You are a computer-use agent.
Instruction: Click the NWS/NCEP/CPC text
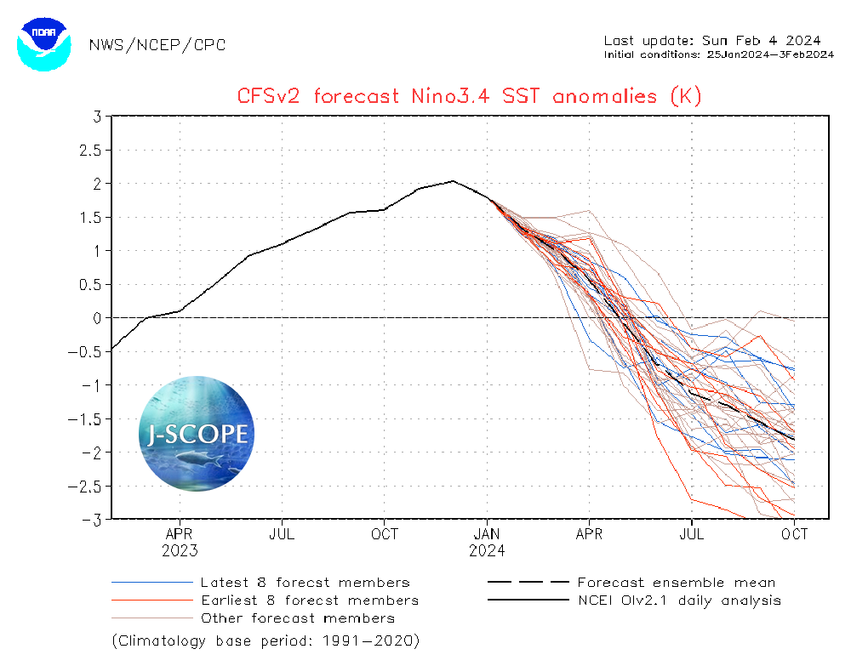tap(157, 44)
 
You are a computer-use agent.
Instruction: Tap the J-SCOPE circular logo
tap(197, 434)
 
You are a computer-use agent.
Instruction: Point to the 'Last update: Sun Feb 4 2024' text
tap(711, 41)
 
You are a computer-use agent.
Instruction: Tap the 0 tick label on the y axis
tap(98, 318)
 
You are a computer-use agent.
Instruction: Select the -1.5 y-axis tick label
tap(89, 419)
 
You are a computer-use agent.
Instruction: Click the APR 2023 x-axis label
tap(180, 542)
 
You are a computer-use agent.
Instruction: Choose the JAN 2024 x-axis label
tap(487, 542)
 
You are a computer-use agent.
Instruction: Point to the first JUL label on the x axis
tap(282, 534)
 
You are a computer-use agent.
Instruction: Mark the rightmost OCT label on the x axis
tap(794, 534)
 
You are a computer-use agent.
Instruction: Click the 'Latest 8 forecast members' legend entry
tap(305, 583)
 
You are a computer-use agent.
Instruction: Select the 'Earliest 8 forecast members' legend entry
tap(310, 601)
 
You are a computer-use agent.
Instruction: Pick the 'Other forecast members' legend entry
tap(298, 618)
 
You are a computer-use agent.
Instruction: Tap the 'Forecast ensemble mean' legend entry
tap(676, 583)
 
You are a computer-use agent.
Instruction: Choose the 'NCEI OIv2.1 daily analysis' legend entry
tap(678, 601)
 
